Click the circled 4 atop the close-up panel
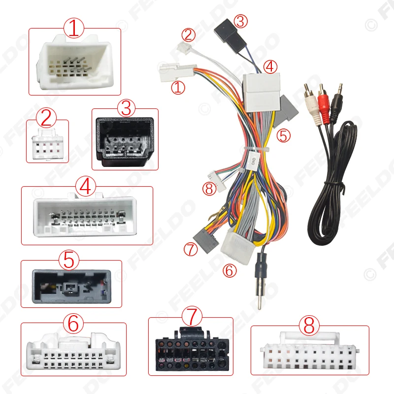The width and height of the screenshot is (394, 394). pyautogui.click(x=85, y=187)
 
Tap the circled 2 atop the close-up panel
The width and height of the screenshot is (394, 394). pyautogui.click(x=47, y=118)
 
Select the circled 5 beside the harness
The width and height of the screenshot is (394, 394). pyautogui.click(x=283, y=135)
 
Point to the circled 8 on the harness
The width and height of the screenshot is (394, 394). pyautogui.click(x=209, y=187)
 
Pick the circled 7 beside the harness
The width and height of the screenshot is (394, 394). pyautogui.click(x=190, y=249)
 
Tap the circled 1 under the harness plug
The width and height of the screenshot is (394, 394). pyautogui.click(x=178, y=88)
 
